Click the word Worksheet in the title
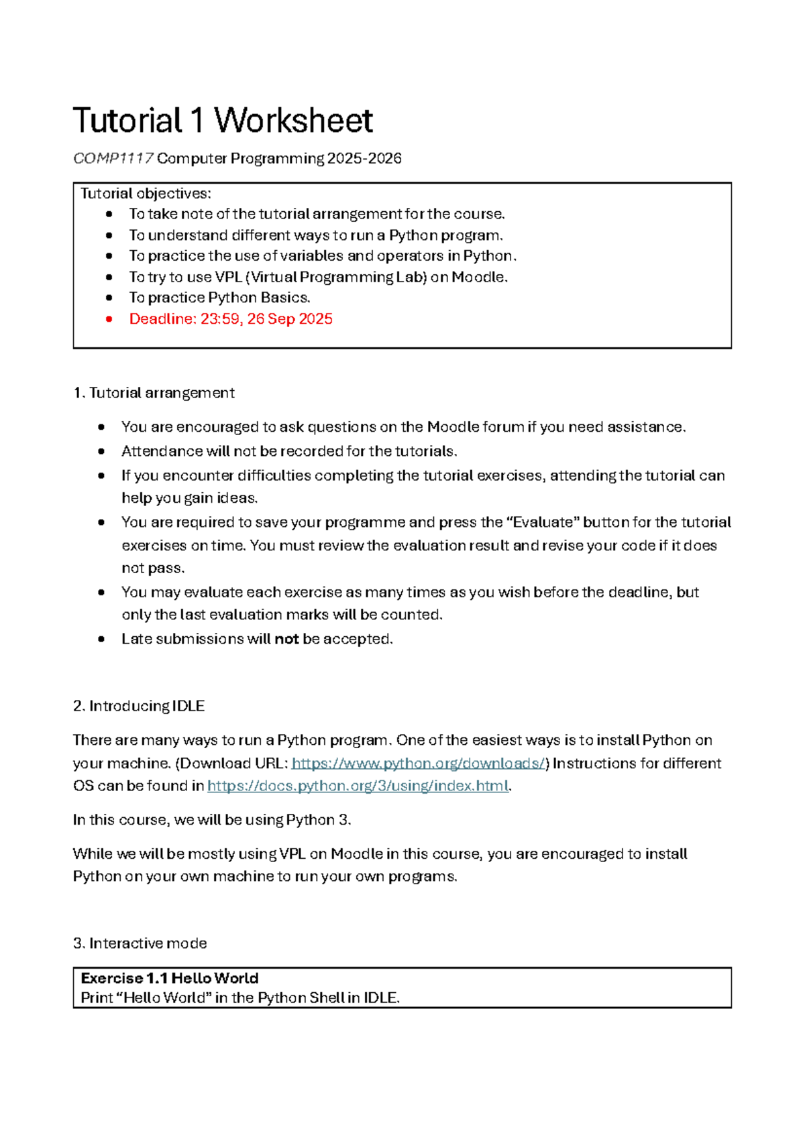293,121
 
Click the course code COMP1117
113,158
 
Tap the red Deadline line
231,319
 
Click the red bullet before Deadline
109,319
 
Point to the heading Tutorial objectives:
146,194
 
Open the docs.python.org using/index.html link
358,786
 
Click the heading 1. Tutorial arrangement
154,393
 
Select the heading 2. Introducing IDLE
139,706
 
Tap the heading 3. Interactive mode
140,943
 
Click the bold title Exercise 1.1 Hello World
170,978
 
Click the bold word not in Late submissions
286,639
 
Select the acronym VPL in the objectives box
228,277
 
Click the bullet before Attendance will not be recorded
101,451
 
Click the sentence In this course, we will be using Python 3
212,820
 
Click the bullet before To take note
109,215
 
